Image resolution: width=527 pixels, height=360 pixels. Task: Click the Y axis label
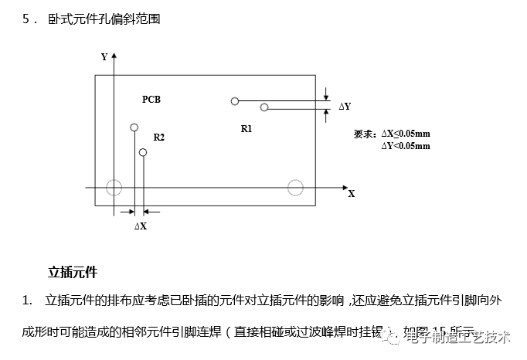pyautogui.click(x=104, y=56)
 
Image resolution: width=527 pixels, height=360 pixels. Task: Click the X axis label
pyautogui.click(x=352, y=194)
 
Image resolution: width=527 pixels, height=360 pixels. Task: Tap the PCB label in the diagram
pyautogui.click(x=151, y=100)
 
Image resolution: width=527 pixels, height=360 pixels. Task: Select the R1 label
pyautogui.click(x=246, y=129)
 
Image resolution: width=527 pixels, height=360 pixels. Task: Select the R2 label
pyautogui.click(x=158, y=138)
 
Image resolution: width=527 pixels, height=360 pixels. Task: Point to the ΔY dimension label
pyautogui.click(x=345, y=106)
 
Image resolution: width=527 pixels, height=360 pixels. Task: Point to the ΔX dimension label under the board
pyautogui.click(x=140, y=226)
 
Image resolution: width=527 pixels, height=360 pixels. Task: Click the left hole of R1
pyautogui.click(x=234, y=100)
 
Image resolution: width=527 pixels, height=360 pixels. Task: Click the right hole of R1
pyautogui.click(x=264, y=107)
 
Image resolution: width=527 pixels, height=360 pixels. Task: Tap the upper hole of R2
pyautogui.click(x=134, y=127)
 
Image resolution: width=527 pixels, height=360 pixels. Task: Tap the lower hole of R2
pyautogui.click(x=142, y=153)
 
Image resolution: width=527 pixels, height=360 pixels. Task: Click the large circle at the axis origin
pyautogui.click(x=114, y=187)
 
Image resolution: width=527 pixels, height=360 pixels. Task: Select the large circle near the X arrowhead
pyautogui.click(x=295, y=187)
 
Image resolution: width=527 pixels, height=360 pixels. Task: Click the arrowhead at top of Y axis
pyautogui.click(x=114, y=56)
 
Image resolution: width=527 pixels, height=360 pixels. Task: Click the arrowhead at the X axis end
pyautogui.click(x=344, y=187)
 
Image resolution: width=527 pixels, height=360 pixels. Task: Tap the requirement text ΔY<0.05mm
pyautogui.click(x=405, y=145)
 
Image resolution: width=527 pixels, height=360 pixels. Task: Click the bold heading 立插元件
pyautogui.click(x=73, y=272)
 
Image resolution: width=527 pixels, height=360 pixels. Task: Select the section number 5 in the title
pyautogui.click(x=27, y=19)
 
